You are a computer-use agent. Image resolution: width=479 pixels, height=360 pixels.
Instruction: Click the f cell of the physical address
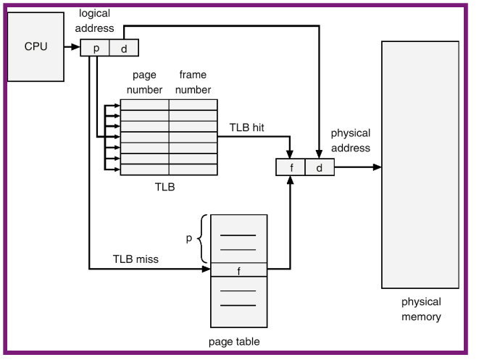coord(290,167)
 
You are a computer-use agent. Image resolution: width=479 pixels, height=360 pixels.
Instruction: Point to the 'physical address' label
coord(351,141)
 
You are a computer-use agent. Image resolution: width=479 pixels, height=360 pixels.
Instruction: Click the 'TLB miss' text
coord(135,259)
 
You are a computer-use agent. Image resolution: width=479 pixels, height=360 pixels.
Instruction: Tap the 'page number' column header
coord(145,83)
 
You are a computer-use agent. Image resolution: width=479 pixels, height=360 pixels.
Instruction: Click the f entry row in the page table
coord(238,270)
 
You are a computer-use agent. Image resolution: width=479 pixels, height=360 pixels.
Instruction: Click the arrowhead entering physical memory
coord(375,167)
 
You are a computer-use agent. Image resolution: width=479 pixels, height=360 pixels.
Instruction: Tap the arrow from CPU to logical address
coord(72,47)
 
